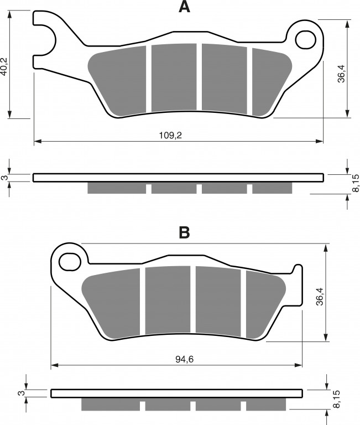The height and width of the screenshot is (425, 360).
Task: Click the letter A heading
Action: pyautogui.click(x=184, y=7)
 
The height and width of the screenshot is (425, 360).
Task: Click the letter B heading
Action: pyautogui.click(x=184, y=232)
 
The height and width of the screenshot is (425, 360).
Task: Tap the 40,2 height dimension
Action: pyautogui.click(x=4, y=66)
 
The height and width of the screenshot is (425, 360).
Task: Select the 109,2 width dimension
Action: pyautogui.click(x=170, y=135)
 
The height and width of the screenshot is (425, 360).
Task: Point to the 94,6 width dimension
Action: pyautogui.click(x=184, y=359)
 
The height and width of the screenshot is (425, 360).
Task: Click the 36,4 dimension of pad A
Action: pyautogui.click(x=341, y=74)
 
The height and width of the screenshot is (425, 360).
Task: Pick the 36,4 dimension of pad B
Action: pyautogui.click(x=320, y=297)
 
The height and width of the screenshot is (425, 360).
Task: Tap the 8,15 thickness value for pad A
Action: pyautogui.click(x=356, y=183)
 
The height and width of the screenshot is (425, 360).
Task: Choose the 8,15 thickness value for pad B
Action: pyautogui.click(x=337, y=399)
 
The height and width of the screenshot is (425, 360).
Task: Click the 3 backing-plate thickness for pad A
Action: pyautogui.click(x=4, y=178)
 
